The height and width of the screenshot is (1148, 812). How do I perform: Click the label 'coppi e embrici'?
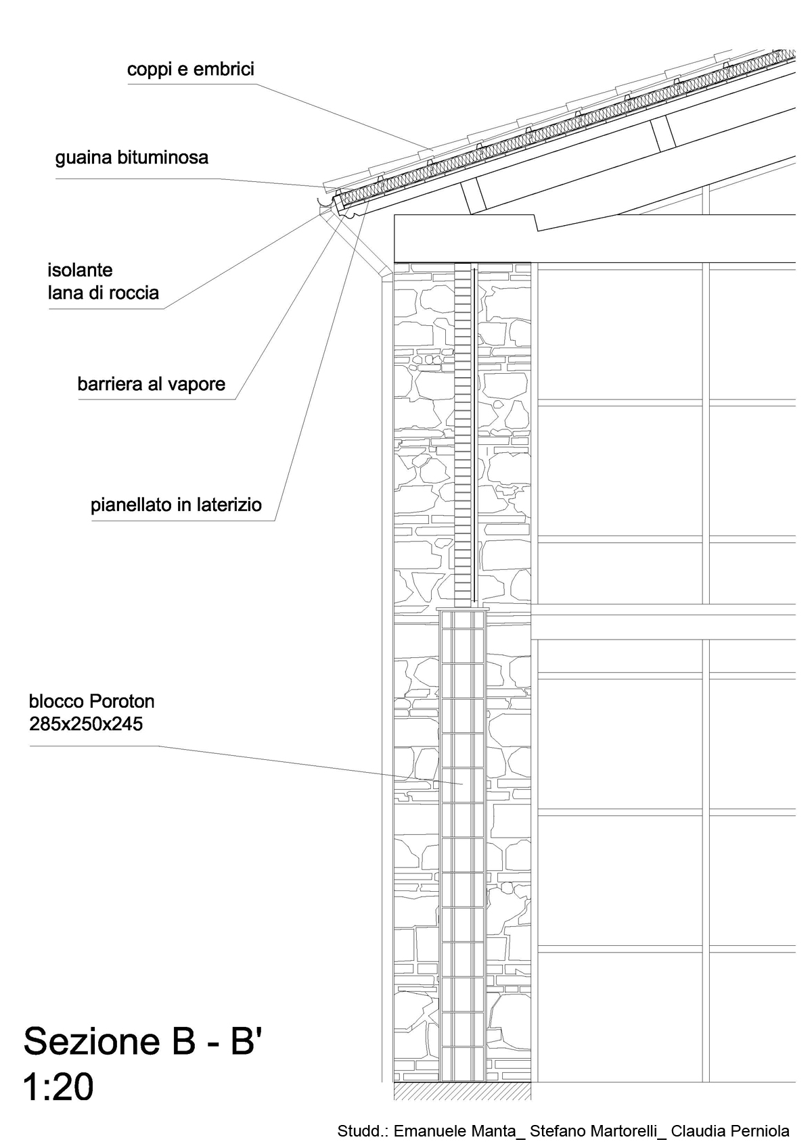pos(190,69)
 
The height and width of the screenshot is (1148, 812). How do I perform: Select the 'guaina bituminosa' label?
pos(132,158)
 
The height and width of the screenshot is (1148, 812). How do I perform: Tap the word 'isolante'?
pos(80,270)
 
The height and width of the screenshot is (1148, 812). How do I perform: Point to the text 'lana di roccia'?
pos(103,293)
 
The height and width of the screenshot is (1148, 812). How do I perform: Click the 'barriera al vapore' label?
pos(152,384)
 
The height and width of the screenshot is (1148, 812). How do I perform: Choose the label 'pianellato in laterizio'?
pos(176,505)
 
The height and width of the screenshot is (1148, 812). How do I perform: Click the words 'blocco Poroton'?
pos(91,700)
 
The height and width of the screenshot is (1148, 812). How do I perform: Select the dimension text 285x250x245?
pos(86,723)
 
